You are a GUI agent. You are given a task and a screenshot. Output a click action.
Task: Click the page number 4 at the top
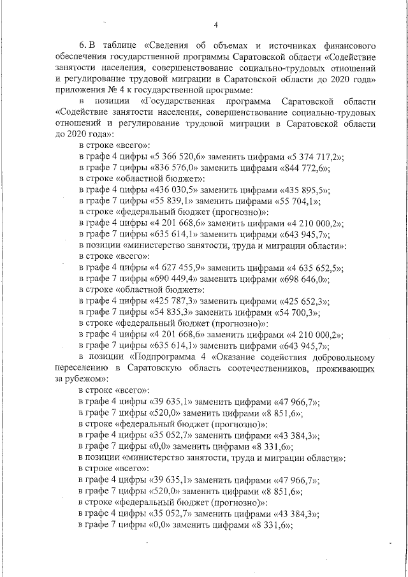pos(215,25)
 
